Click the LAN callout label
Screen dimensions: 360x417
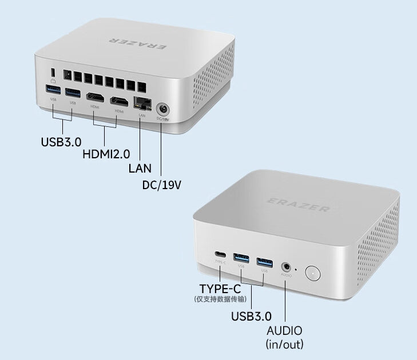(x=140, y=169)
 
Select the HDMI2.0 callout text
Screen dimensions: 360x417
(x=106, y=154)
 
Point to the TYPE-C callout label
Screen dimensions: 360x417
(x=220, y=288)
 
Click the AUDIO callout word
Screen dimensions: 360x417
(x=284, y=331)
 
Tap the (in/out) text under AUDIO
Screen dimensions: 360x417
(x=284, y=344)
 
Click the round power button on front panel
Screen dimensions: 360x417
(x=313, y=273)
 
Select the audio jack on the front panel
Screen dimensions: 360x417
(x=286, y=266)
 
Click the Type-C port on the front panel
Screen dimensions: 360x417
(x=220, y=255)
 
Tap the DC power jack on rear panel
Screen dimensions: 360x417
(x=164, y=109)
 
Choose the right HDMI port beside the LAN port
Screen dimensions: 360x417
(x=119, y=102)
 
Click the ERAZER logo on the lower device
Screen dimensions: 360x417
(x=299, y=204)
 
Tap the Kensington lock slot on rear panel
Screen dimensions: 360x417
(x=53, y=73)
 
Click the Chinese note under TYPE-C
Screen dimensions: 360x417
(x=220, y=299)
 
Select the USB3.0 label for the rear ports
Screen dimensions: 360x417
(x=61, y=141)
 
